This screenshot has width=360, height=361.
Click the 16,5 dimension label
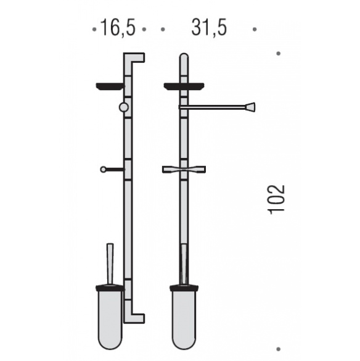(x=118, y=28)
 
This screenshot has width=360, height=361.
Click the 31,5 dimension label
(x=209, y=28)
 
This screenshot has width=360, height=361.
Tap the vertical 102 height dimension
(x=277, y=199)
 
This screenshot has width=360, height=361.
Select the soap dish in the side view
(x=110, y=86)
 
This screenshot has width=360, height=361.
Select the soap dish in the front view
(x=184, y=86)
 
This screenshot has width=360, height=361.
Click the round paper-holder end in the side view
(x=124, y=107)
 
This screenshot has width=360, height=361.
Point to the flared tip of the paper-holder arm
(x=250, y=107)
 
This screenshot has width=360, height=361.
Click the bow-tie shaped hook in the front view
(x=184, y=170)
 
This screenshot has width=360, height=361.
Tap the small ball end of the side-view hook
(x=103, y=170)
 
